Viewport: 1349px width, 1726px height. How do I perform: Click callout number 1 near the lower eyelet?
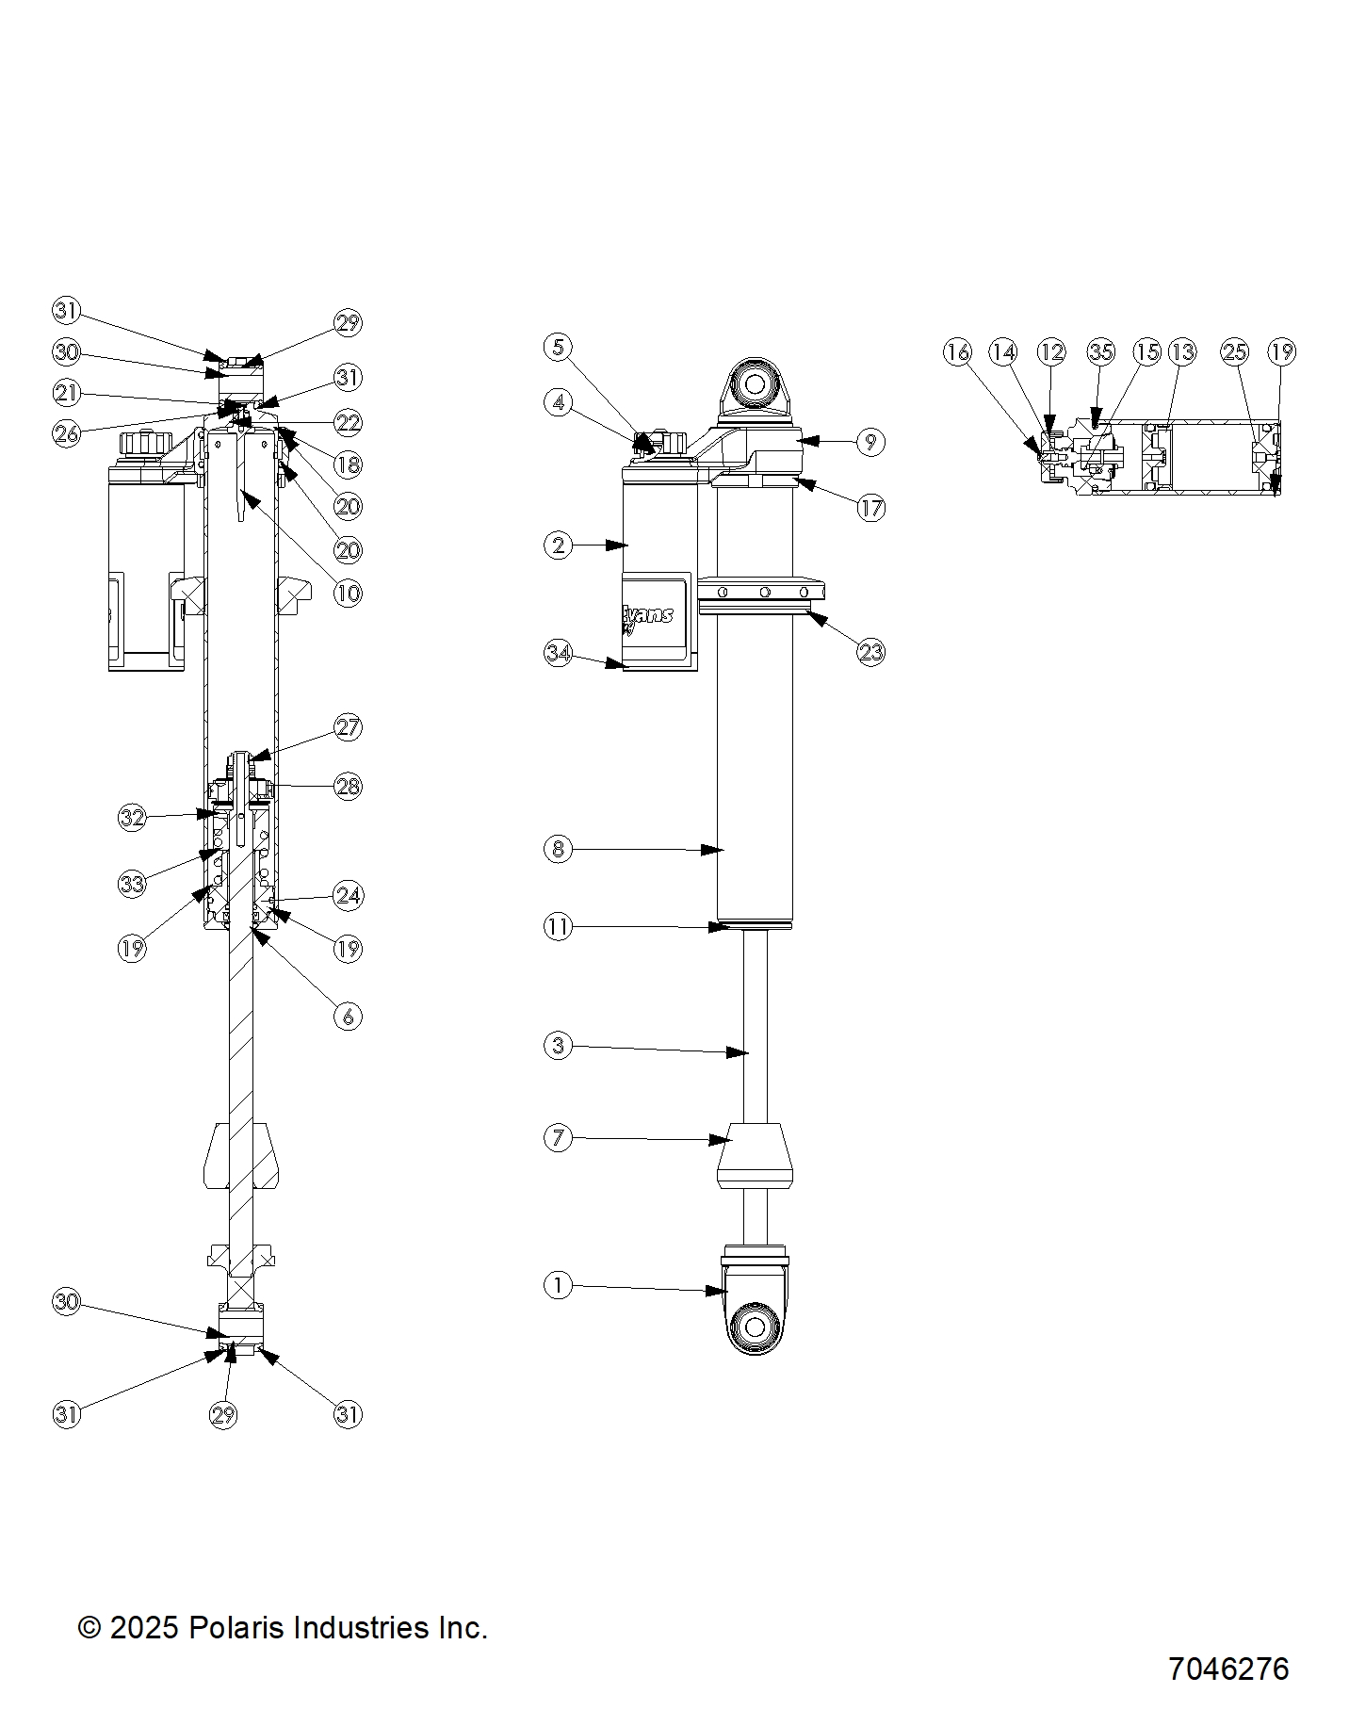tap(559, 1285)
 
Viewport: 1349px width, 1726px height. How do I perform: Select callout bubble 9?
tap(870, 441)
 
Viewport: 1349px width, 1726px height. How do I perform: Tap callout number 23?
tap(871, 652)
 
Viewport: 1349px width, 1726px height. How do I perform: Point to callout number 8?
tap(559, 849)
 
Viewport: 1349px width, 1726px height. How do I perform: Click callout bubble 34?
tap(559, 653)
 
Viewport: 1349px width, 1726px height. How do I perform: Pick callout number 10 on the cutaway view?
tap(349, 593)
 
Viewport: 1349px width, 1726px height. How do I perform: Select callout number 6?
tap(349, 1016)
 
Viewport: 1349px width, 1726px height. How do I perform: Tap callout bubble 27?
tap(349, 727)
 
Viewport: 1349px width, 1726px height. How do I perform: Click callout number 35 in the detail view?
tap(1100, 352)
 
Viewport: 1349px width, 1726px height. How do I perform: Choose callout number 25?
tap(1234, 352)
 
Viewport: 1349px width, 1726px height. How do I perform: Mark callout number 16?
tap(957, 352)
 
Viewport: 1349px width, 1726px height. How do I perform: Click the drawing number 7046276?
tap(1227, 1669)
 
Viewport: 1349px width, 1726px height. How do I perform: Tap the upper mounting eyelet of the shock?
tap(756, 384)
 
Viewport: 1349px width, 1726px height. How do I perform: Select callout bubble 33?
tap(133, 884)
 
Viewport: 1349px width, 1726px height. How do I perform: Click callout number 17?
tap(871, 508)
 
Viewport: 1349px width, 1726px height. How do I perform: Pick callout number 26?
tap(66, 433)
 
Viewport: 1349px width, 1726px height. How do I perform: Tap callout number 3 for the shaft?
tap(559, 1045)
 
